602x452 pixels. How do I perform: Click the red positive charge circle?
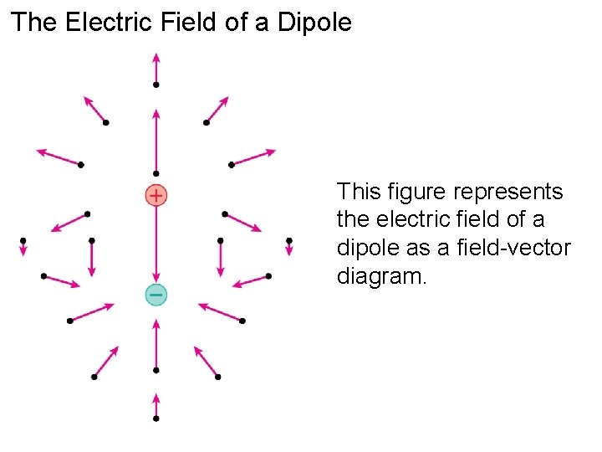point(156,195)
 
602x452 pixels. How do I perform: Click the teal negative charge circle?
point(156,294)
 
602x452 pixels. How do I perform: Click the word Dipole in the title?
point(311,23)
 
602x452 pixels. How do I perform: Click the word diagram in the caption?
point(380,276)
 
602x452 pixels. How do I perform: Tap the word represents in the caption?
point(508,193)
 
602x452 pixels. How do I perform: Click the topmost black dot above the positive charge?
point(156,85)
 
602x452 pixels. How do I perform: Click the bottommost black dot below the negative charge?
point(156,418)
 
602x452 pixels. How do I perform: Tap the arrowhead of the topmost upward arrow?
point(156,57)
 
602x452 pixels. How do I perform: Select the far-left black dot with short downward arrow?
point(23,241)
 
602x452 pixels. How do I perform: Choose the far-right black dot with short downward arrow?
point(289,241)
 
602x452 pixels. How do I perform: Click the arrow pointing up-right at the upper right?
point(217,110)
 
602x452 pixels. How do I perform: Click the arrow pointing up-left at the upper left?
point(94,110)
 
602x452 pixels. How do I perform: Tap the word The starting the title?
point(33,23)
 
